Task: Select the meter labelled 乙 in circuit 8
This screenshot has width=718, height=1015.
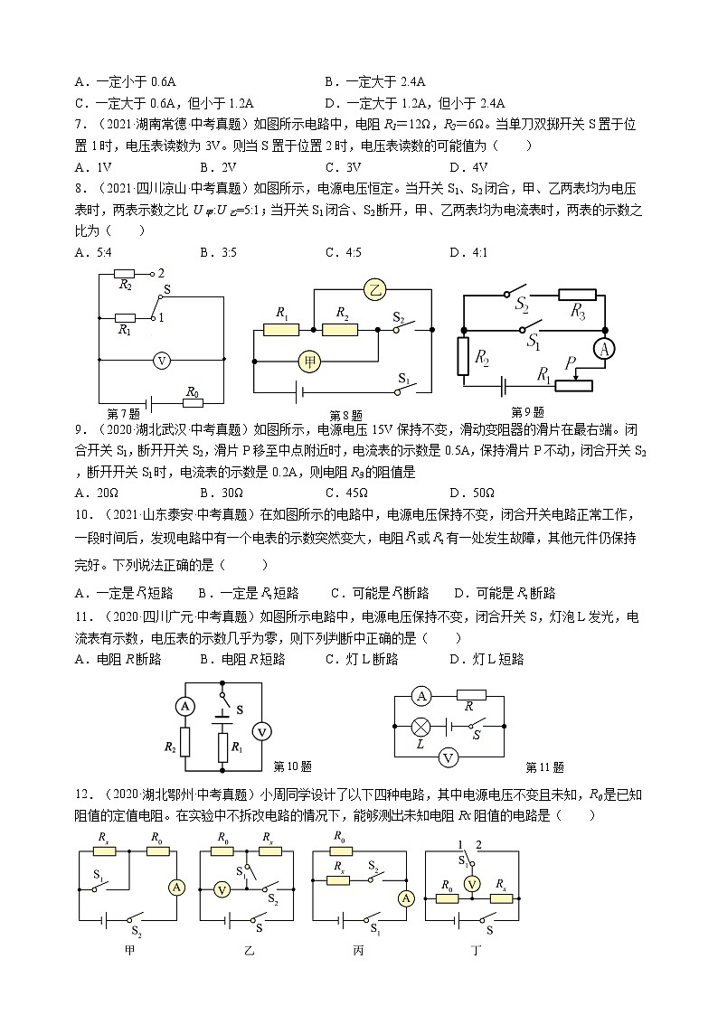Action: pos(373,290)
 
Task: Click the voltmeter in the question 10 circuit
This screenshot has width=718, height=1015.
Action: pos(260,731)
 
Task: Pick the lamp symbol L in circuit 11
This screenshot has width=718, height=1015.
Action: pos(420,726)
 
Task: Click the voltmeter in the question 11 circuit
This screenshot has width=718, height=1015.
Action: pos(445,757)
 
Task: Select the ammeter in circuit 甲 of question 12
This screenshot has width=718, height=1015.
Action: pos(177,888)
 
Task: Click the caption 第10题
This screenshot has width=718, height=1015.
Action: pos(292,766)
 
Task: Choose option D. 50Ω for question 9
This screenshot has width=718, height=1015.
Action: pos(471,493)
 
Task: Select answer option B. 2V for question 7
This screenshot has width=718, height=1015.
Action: pos(218,166)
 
